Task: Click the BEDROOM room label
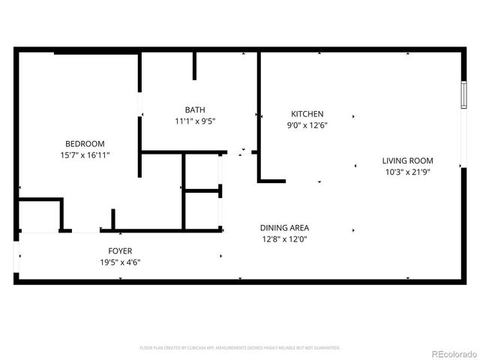coord(85,143)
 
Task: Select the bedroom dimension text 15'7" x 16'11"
coord(85,155)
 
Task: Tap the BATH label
coord(195,109)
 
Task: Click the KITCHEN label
coord(307,114)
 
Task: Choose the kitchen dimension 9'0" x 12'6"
coord(307,125)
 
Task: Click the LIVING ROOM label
coord(407,160)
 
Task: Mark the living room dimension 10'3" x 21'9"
coord(407,172)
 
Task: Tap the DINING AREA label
coord(284,228)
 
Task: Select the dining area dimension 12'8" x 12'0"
coord(284,239)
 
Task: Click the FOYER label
coord(120,250)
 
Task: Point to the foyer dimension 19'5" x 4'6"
coord(120,262)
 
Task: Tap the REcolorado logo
coord(451,352)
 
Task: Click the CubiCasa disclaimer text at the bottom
coord(240,348)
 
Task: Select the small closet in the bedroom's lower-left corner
coord(39,215)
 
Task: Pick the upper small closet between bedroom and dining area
coord(202,172)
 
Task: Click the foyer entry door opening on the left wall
coord(16,257)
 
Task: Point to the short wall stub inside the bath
coord(194,66)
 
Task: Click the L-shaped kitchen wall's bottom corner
coord(261,180)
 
